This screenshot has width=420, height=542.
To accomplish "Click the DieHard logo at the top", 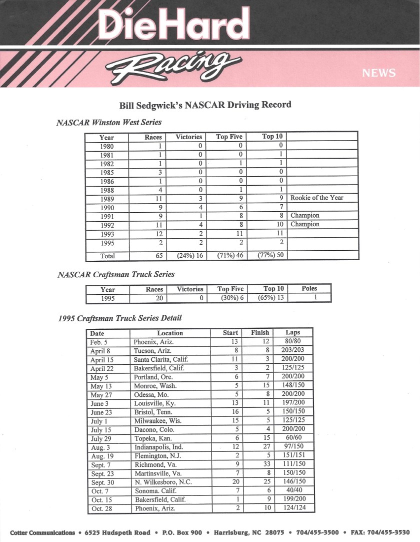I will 174,26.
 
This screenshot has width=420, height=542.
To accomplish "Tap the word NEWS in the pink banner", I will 378,73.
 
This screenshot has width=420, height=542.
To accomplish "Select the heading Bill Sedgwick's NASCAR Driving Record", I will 205,106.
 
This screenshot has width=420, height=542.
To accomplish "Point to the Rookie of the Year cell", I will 317,198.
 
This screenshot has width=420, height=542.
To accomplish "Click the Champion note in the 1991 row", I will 305,216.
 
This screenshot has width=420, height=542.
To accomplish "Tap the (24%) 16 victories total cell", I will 189,256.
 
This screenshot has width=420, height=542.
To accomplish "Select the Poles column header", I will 309,288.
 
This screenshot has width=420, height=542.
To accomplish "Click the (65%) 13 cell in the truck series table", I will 270,298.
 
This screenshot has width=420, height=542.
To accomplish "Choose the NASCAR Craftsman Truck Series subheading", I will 116,274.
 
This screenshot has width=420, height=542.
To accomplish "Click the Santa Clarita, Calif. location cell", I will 161,359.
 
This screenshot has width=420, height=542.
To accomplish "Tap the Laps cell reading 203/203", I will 292,350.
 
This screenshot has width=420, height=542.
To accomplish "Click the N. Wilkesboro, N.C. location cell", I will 163,482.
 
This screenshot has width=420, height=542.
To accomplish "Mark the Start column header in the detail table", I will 230,333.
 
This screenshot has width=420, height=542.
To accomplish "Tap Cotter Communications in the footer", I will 42,532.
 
